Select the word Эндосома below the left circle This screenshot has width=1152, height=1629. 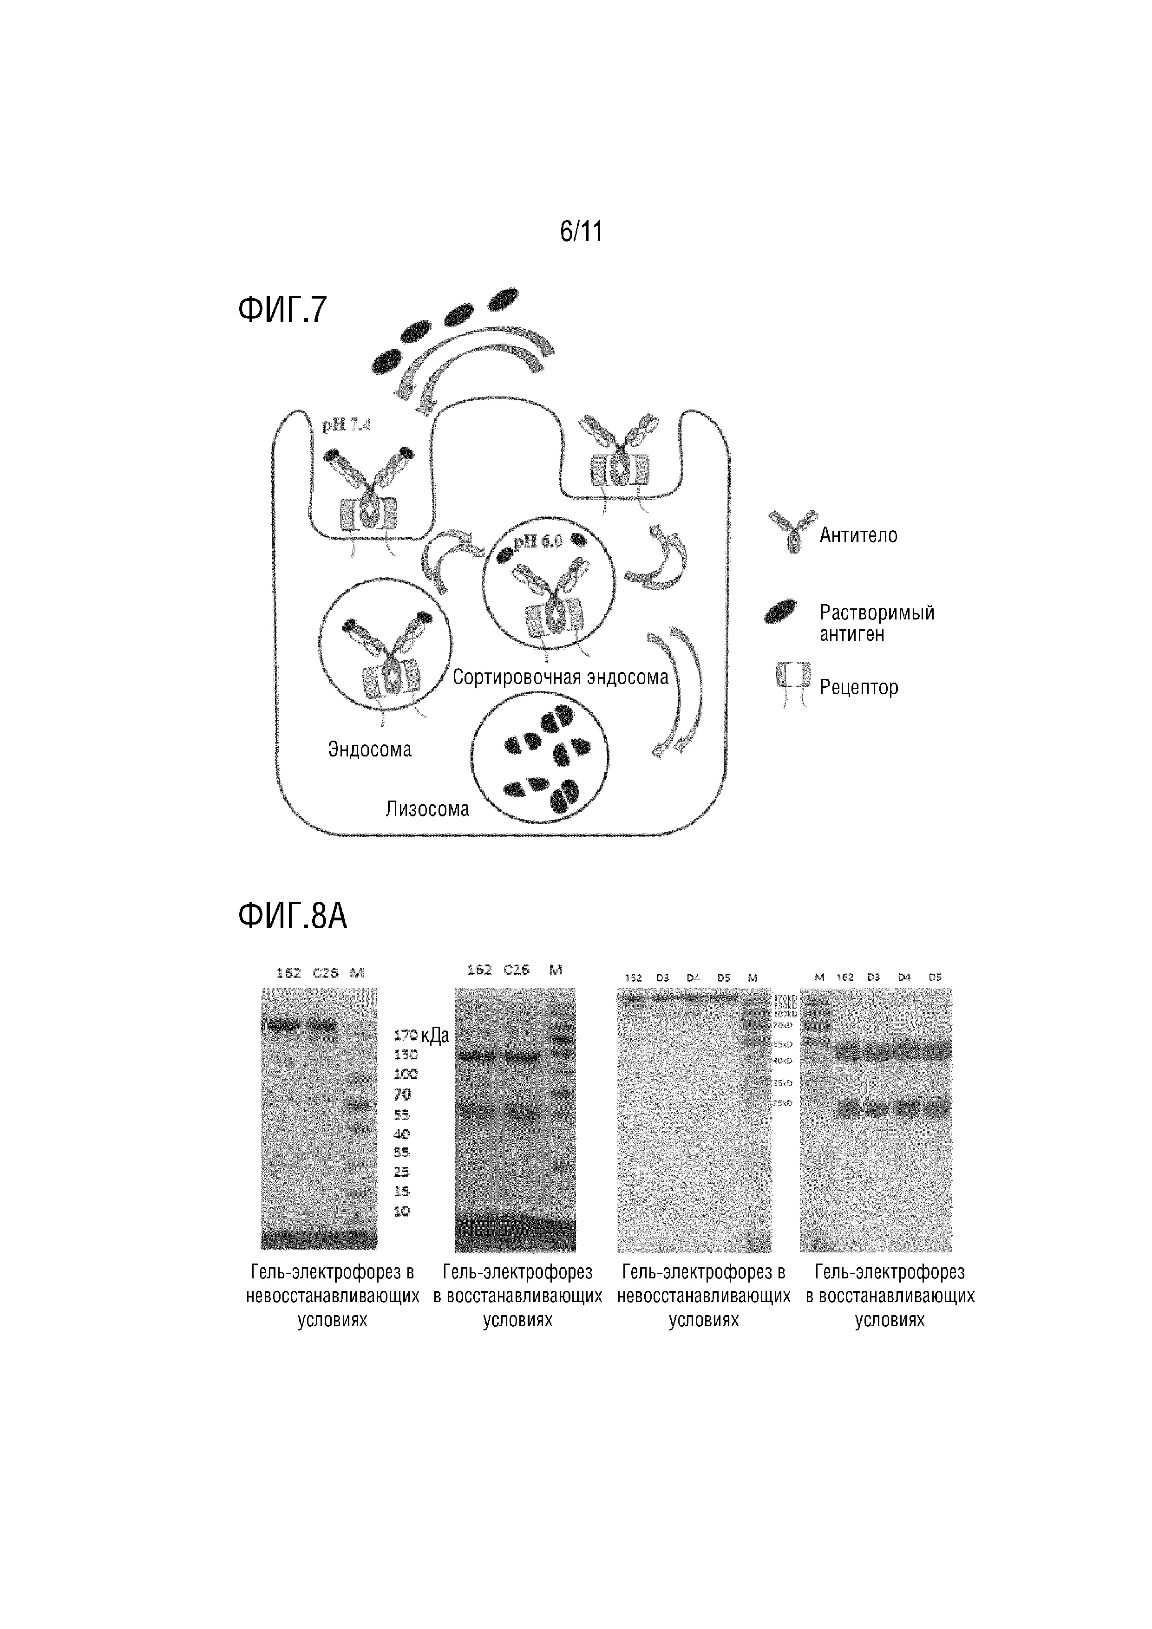[x=369, y=749]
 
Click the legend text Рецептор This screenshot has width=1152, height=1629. [x=859, y=687]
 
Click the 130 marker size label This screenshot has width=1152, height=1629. [x=406, y=1055]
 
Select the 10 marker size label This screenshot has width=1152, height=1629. [x=402, y=1211]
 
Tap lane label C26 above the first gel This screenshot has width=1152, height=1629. [x=325, y=973]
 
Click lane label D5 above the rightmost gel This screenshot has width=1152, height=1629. [x=935, y=977]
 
